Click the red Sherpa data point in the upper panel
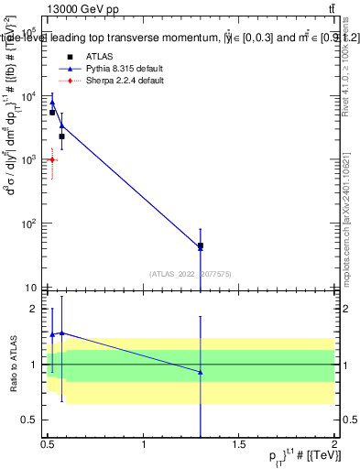click(x=52, y=159)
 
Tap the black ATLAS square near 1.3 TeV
click(x=201, y=245)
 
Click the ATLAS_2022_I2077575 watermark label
click(x=191, y=273)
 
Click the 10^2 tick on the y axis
click(x=31, y=224)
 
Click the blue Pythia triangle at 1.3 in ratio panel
click(x=201, y=372)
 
